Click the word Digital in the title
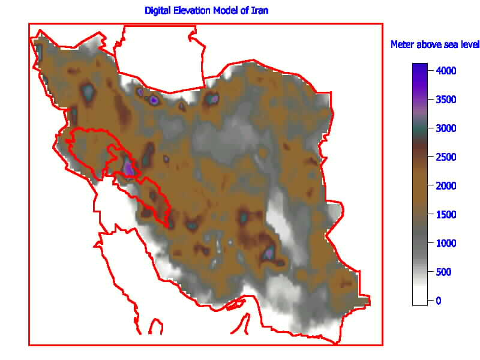157,11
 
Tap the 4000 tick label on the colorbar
447,71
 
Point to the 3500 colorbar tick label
447,100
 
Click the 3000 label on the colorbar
447,128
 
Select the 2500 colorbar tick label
447,157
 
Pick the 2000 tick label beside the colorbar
447,186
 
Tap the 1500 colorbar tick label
447,215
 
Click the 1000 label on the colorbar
447,244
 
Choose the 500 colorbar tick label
445,272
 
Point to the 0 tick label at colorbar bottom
439,301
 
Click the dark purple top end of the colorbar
420,66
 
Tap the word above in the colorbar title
427,45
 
